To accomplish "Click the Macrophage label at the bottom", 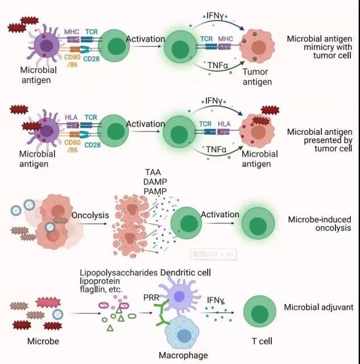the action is (x=183, y=355).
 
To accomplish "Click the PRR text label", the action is (x=151, y=297).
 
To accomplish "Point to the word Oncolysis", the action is (x=90, y=215).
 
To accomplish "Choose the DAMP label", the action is (x=155, y=182).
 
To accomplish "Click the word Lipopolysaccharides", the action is (x=119, y=273).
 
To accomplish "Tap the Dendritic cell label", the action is (x=185, y=273).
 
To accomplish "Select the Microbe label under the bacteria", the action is (x=43, y=341).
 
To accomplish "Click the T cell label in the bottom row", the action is (x=262, y=341).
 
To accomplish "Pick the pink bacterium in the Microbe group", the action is (x=48, y=303).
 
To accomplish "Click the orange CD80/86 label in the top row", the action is (x=72, y=61).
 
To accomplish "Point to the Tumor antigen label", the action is (x=257, y=77).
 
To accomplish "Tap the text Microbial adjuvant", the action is (x=318, y=307).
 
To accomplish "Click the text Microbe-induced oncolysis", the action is (x=320, y=224).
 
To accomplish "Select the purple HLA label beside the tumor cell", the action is (x=224, y=124).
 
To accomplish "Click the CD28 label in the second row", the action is (x=92, y=145).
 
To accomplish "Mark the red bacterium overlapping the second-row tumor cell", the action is (x=261, y=121).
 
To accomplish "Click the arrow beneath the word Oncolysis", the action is (x=92, y=224).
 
